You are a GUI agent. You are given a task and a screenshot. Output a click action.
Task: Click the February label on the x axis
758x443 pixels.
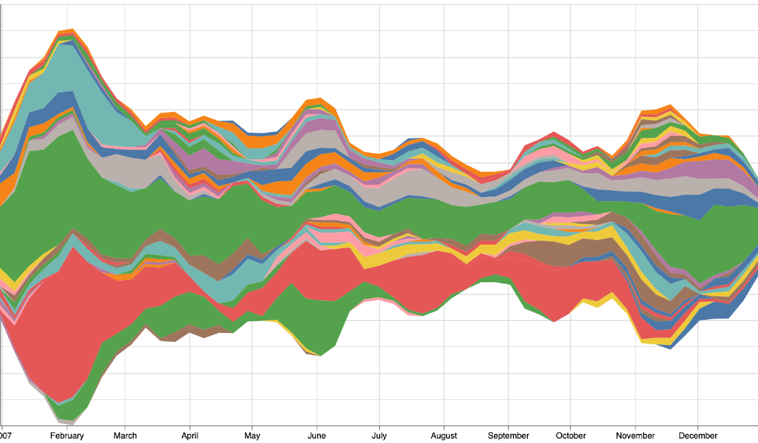tap(67, 435)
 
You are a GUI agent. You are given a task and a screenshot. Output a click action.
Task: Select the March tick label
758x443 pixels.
tap(125, 435)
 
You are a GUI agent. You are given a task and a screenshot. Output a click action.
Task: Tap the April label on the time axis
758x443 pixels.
tap(189, 435)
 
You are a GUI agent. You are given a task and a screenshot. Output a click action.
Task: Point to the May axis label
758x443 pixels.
tap(252, 435)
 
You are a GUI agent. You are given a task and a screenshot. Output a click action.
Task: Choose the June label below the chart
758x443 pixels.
tap(316, 435)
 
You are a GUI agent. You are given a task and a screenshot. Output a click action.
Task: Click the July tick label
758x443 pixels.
tap(379, 435)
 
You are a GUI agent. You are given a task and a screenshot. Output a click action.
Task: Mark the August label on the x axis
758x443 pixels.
tap(444, 435)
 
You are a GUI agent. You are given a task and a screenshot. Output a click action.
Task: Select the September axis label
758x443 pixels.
tap(508, 435)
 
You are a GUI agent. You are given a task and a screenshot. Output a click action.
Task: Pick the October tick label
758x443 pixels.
tap(570, 435)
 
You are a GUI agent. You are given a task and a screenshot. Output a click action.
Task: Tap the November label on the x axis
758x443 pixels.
tap(635, 435)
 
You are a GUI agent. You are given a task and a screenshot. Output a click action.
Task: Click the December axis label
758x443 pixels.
tap(698, 435)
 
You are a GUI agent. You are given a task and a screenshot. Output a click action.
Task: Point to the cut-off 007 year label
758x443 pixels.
tap(6, 435)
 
